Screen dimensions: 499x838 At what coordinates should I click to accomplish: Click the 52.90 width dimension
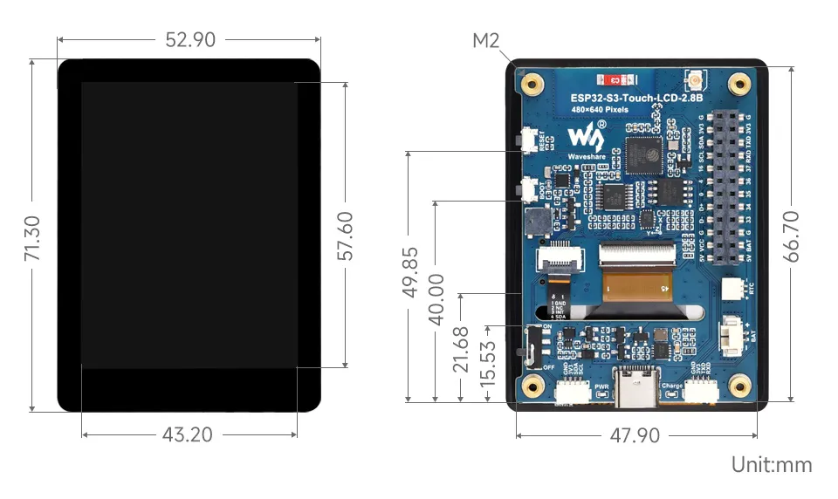coord(189,40)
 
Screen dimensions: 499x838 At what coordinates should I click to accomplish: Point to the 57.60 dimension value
coord(346,236)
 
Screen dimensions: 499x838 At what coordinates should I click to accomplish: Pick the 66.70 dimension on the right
coord(791,236)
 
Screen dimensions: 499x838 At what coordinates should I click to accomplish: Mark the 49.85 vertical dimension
coord(409,272)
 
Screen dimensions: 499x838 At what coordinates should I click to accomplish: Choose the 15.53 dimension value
coord(487,364)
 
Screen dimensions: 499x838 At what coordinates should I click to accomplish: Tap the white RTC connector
coord(732,290)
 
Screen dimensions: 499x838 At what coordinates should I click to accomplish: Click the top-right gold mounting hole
coord(740,85)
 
